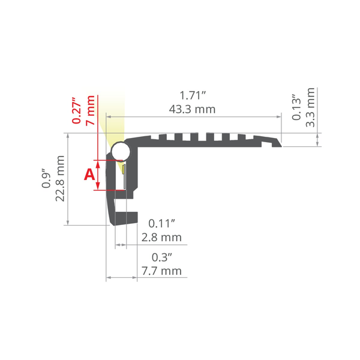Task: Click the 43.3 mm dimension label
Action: [192, 109]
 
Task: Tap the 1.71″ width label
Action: [193, 95]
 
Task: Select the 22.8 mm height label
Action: [60, 178]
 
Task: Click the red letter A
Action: [89, 175]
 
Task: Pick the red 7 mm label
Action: [90, 110]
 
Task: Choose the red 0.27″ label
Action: [77, 110]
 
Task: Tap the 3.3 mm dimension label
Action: [310, 107]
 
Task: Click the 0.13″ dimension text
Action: [296, 107]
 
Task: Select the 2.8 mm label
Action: [161, 238]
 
